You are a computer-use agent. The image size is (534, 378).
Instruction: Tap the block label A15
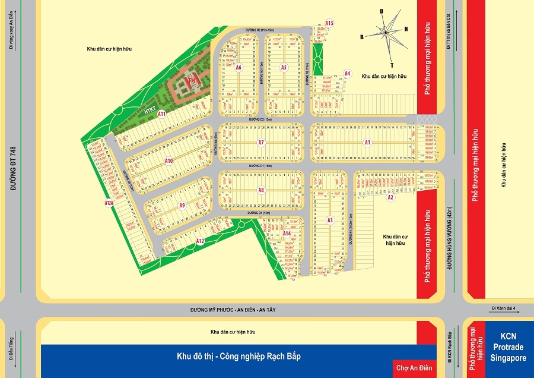click(x=330, y=23)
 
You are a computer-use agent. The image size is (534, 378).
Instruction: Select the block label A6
click(x=239, y=68)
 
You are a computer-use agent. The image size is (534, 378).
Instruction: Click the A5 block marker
click(x=284, y=68)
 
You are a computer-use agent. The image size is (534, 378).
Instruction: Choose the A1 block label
click(x=367, y=143)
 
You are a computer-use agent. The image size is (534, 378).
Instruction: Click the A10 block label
click(x=169, y=161)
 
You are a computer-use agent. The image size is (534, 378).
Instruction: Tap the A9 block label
click(x=182, y=206)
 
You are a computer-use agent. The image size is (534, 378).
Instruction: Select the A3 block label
click(x=330, y=220)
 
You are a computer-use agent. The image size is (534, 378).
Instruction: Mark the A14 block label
click(x=287, y=234)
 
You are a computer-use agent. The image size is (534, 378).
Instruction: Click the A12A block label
click(x=108, y=203)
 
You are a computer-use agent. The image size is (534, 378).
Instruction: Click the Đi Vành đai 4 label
click(x=504, y=308)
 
